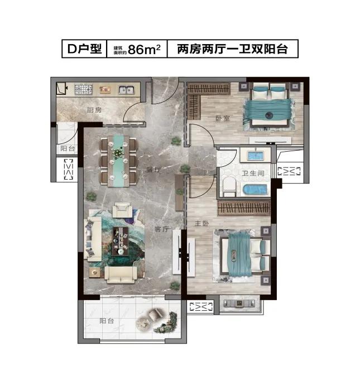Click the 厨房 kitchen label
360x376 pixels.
click(94, 110)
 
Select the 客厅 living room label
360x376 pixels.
click(161, 229)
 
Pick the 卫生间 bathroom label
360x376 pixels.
click(253, 172)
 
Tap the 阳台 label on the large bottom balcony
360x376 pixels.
click(107, 321)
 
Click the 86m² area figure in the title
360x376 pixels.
click(144, 50)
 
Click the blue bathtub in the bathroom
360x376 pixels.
click(254, 188)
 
